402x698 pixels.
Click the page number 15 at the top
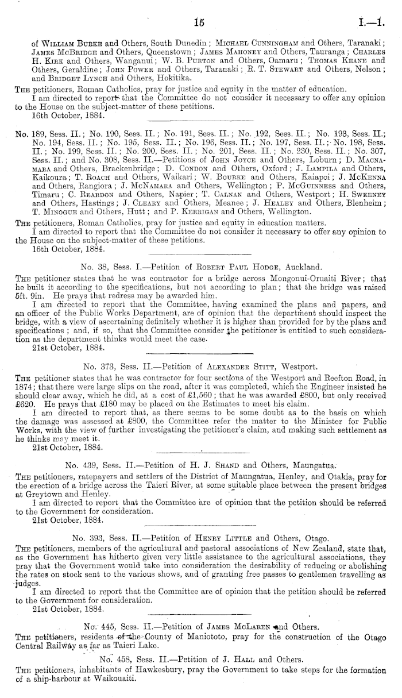click(200, 22)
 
